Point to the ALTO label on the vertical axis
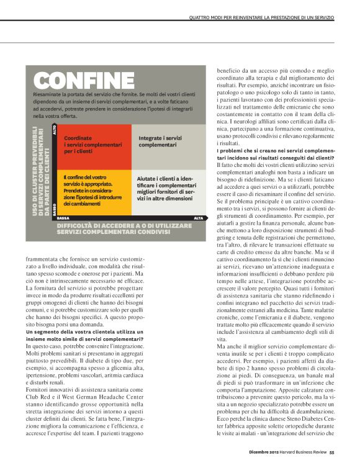[55, 130]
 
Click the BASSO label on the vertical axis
[55, 208]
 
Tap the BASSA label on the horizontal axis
[63, 218]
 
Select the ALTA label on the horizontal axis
[199, 218]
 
